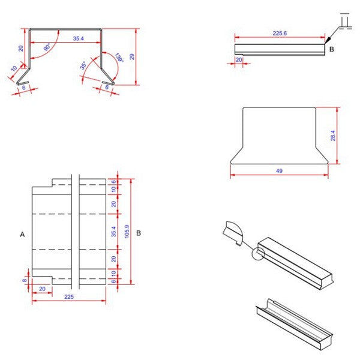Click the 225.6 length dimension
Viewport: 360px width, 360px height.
[280, 34]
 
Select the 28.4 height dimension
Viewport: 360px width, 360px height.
[333, 136]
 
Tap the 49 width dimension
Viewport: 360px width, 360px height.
[279, 171]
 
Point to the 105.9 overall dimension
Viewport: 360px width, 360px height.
[126, 231]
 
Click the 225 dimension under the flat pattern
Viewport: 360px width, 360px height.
[70, 296]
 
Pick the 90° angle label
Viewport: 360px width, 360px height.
[46, 47]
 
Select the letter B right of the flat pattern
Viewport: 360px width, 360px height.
[139, 233]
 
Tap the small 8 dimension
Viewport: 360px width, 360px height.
[25, 280]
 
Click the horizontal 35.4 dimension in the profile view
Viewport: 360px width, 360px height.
[79, 38]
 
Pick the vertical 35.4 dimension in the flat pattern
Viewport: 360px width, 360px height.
[114, 231]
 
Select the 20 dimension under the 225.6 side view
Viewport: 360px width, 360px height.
[238, 60]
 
